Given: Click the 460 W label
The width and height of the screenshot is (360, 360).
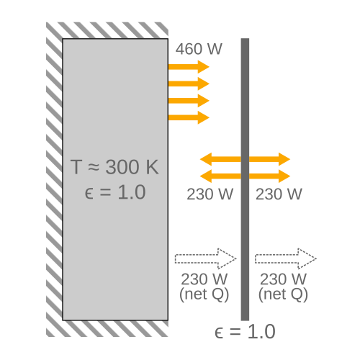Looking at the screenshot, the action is pyautogui.click(x=199, y=49).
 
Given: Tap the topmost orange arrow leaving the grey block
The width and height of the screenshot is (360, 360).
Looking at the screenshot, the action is pyautogui.click(x=189, y=67).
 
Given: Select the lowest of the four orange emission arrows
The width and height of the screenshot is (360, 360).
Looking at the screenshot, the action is pyautogui.click(x=189, y=117).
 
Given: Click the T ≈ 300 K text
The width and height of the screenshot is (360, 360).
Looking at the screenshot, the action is pyautogui.click(x=114, y=167).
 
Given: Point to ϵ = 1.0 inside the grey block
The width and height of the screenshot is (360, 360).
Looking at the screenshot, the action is pyautogui.click(x=115, y=192).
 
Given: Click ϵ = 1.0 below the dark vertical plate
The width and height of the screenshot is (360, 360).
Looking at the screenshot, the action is pyautogui.click(x=245, y=331).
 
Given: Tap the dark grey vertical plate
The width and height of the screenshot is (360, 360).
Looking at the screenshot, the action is pyautogui.click(x=245, y=179).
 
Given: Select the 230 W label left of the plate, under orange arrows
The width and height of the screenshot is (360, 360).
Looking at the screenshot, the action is pyautogui.click(x=210, y=194).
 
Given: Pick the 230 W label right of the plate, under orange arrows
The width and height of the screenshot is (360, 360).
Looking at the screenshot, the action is pyautogui.click(x=279, y=194).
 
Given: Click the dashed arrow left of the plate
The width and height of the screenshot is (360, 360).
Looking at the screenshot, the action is pyautogui.click(x=206, y=258).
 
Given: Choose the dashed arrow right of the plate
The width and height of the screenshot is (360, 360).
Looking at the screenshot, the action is pyautogui.click(x=286, y=258).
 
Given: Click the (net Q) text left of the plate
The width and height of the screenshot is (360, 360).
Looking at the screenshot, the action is pyautogui.click(x=204, y=294).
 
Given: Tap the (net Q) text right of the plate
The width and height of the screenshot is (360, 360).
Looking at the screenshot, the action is pyautogui.click(x=283, y=294).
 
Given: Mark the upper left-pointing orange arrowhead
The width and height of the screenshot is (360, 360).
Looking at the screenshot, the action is pyautogui.click(x=206, y=159).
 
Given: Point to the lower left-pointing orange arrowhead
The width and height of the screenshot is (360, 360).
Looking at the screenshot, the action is pyautogui.click(x=206, y=176).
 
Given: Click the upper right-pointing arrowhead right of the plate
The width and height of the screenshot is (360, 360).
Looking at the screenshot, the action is pyautogui.click(x=284, y=159).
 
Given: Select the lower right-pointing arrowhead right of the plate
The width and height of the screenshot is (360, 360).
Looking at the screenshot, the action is pyautogui.click(x=284, y=176).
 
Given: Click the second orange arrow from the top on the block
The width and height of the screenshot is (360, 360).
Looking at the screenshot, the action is pyautogui.click(x=189, y=84).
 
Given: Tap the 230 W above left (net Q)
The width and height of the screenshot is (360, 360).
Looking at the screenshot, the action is pyautogui.click(x=204, y=279).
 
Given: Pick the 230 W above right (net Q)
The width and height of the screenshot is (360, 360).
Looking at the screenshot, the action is pyautogui.click(x=283, y=279).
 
